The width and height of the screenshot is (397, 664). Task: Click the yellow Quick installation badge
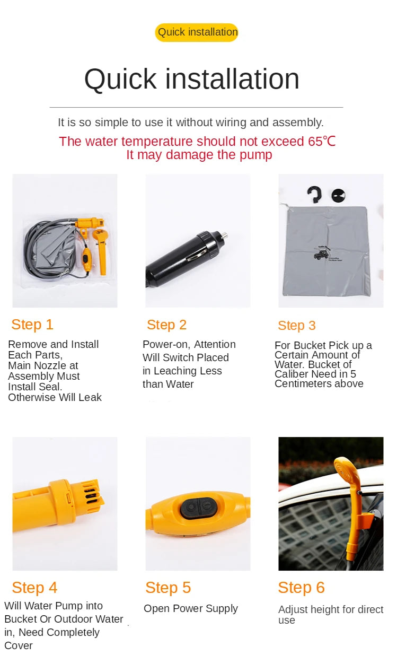pos(197,32)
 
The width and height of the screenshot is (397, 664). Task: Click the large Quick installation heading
pos(192,79)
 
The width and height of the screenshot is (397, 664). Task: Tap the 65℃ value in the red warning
pos(322,142)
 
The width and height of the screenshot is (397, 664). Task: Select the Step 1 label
pos(32,325)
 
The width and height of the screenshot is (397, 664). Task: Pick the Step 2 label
pos(166,325)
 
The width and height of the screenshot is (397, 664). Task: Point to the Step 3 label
pos(296,326)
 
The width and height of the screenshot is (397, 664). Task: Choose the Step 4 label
pos(34,588)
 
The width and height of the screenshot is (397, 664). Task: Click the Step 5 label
pos(168,588)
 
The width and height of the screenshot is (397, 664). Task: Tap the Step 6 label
pos(301,588)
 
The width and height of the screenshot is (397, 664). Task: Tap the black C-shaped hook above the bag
pos(314,194)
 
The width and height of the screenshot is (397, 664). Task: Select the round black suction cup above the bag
pos(338,195)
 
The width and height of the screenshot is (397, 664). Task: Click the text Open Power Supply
pos(191,609)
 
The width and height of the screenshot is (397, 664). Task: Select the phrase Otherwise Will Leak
pos(55,397)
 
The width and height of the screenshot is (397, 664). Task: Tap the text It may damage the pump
pos(199,155)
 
